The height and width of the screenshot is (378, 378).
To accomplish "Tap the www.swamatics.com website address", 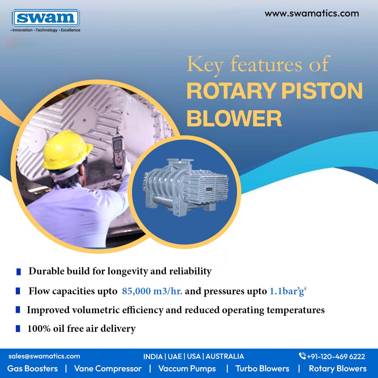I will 311,14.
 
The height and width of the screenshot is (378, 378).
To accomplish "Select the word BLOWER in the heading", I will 234,119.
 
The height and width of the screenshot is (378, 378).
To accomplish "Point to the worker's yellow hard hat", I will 66,149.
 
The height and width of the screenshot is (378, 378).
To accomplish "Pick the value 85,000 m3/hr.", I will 152,291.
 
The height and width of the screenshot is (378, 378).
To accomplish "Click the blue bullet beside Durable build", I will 19,272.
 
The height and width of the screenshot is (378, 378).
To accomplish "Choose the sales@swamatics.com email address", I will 44,356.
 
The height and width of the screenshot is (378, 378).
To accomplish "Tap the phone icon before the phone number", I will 302,356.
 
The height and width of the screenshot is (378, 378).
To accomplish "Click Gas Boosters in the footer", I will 33,369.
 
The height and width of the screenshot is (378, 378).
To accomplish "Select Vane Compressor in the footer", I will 108,369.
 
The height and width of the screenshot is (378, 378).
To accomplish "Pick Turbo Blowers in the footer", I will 262,369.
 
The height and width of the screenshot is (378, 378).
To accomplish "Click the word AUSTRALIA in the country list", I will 225,356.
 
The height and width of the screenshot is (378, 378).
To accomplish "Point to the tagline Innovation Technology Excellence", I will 45,30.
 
